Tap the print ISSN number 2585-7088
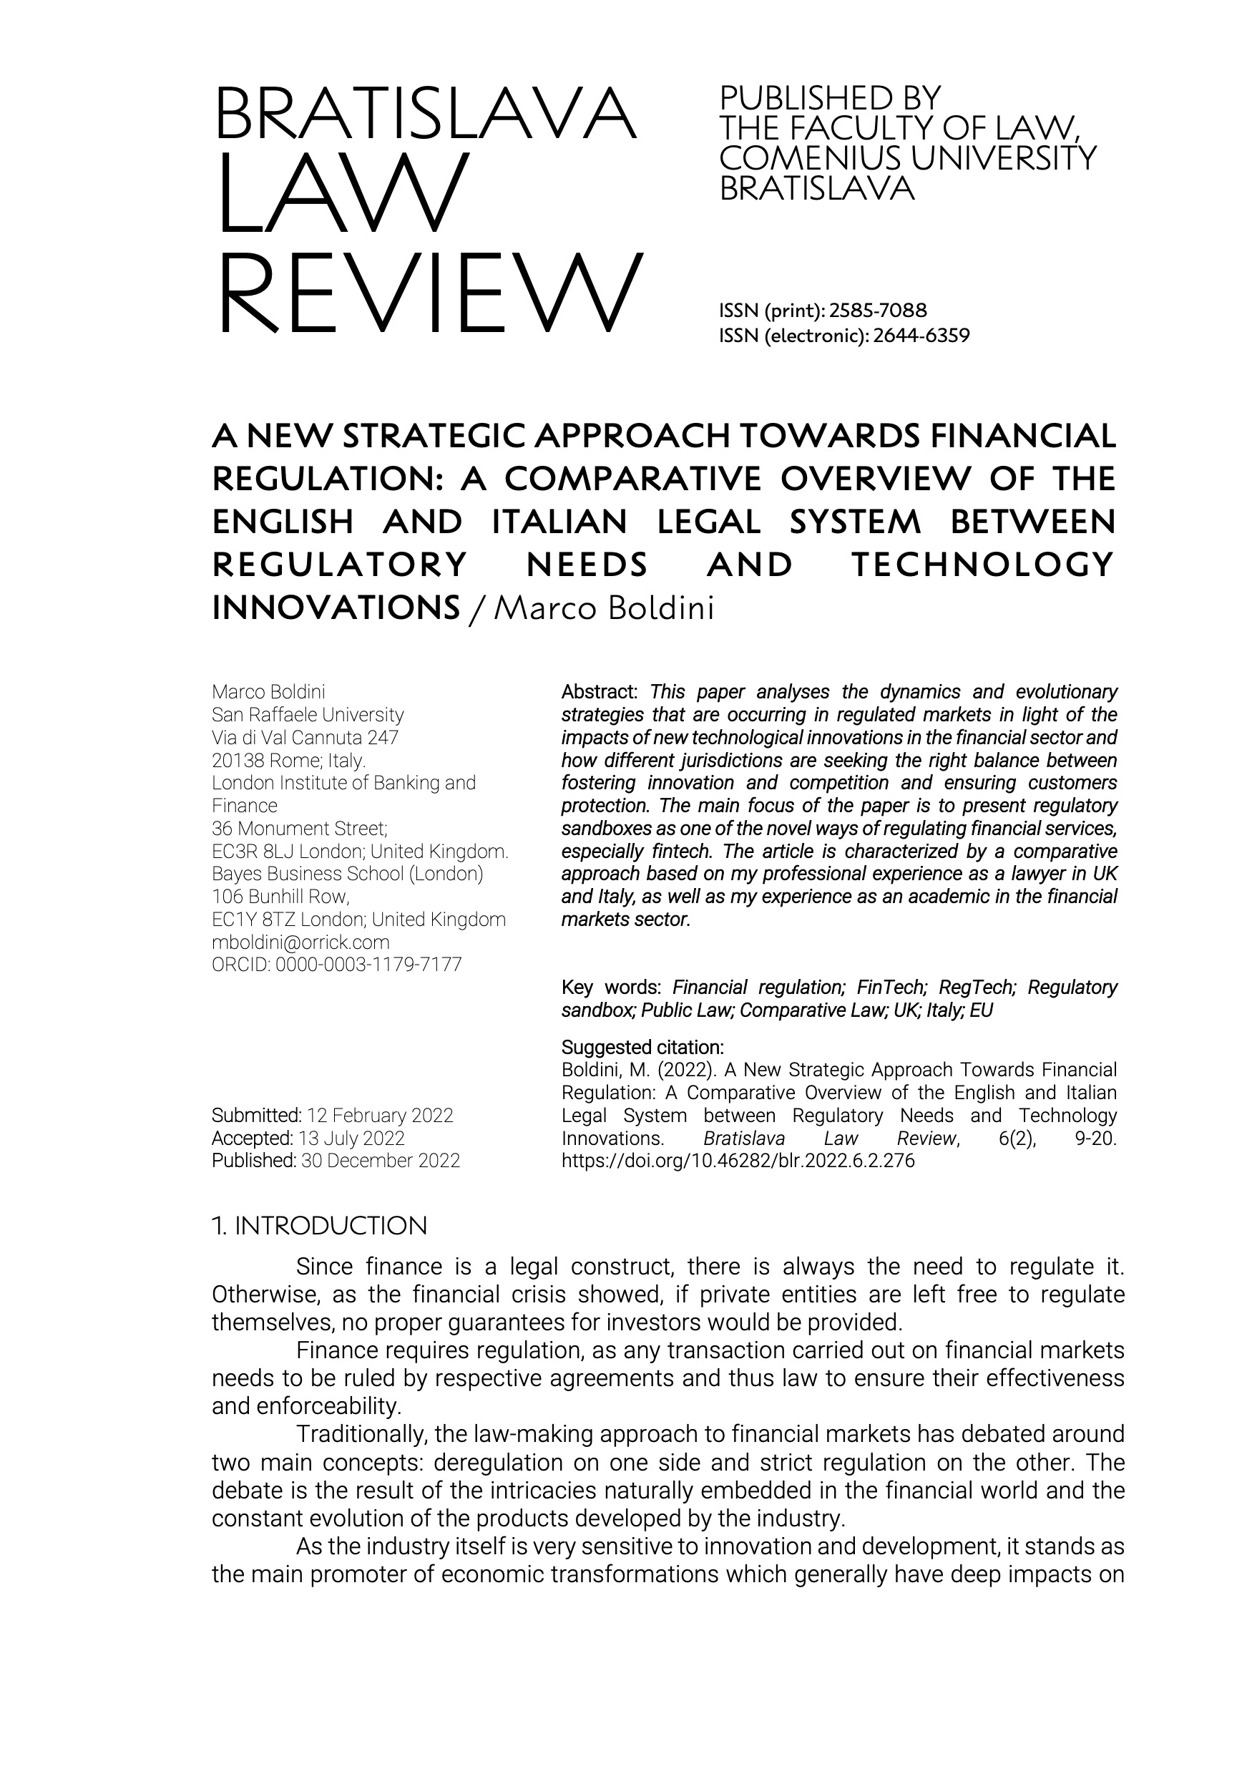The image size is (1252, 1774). coord(877,311)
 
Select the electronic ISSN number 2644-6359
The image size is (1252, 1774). coord(921,336)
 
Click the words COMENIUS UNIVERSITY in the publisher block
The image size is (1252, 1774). coord(908,158)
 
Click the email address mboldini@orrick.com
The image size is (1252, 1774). coord(300,942)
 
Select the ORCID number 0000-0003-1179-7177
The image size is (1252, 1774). coord(368,965)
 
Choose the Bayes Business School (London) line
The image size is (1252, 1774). coord(348,874)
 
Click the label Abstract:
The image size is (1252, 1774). coord(599,691)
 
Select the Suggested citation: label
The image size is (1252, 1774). coord(642,1048)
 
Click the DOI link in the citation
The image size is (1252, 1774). coord(738,1161)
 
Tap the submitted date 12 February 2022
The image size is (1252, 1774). coord(380,1116)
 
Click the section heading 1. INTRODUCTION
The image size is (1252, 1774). coord(319,1225)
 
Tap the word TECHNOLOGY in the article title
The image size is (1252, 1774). coord(982,565)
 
